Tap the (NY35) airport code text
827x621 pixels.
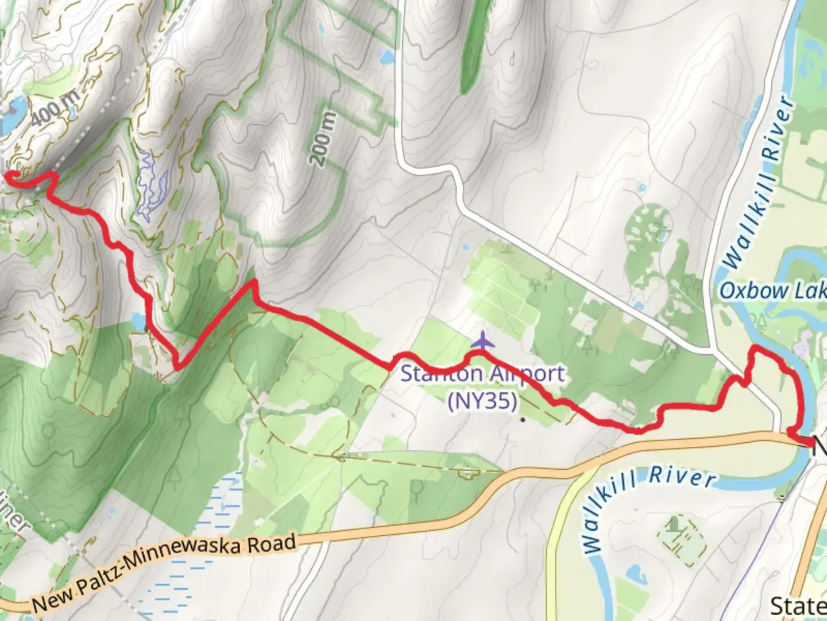(x=482, y=400)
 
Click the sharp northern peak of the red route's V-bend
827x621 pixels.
(x=251, y=282)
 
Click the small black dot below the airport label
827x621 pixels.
(x=523, y=420)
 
